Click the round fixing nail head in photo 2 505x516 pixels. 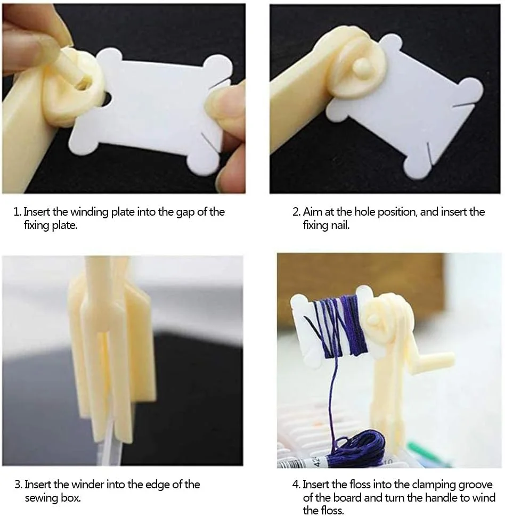click(362, 67)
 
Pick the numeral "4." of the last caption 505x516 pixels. click(296, 485)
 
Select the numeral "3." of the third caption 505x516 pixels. click(19, 485)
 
